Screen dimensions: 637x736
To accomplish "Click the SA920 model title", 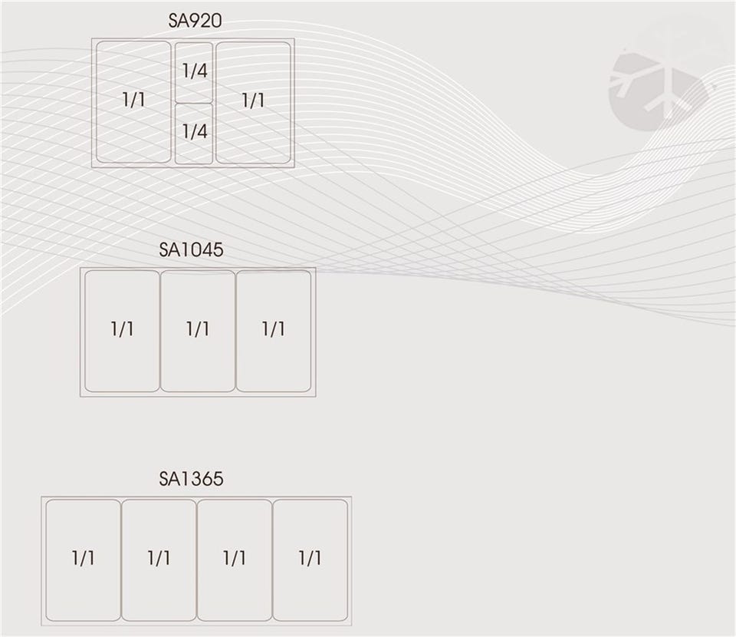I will coord(195,21).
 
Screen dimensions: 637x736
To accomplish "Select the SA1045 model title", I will coord(191,250).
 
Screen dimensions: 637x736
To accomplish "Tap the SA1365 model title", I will coord(191,479).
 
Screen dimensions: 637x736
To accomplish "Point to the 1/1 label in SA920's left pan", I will coord(133,100).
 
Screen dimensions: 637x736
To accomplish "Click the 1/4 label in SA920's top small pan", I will coord(195,71).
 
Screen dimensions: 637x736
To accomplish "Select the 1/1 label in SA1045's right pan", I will coord(274,329).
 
